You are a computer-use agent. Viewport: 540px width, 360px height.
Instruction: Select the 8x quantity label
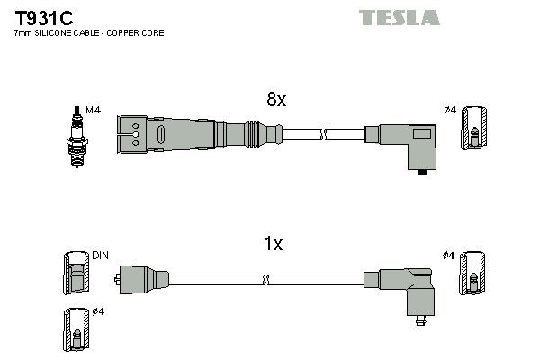(275, 101)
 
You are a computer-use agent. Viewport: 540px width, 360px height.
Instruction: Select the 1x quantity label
(274, 243)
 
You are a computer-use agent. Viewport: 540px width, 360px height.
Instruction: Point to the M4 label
(93, 110)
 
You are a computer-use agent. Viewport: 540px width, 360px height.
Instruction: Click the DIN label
(99, 256)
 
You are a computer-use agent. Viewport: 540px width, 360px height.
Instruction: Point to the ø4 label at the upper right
(450, 111)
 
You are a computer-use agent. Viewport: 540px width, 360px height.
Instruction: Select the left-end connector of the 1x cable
(139, 278)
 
